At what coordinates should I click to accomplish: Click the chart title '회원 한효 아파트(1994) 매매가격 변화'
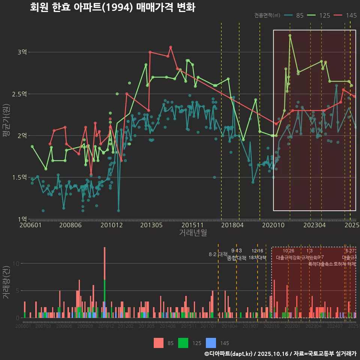tap(112, 7)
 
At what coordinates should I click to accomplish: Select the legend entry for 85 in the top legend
tap(294, 15)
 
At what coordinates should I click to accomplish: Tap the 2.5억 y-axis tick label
tap(19, 94)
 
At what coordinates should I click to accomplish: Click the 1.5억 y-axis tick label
tap(19, 177)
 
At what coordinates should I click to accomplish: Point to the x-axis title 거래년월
tap(193, 233)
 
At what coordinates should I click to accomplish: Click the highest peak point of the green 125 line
tap(290, 36)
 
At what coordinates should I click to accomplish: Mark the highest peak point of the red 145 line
tap(170, 47)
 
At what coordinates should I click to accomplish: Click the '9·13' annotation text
tap(236, 250)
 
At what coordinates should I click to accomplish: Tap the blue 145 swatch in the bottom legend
tap(211, 343)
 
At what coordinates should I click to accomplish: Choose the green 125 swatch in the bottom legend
tap(183, 343)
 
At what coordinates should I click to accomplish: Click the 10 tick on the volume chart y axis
tap(16, 263)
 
